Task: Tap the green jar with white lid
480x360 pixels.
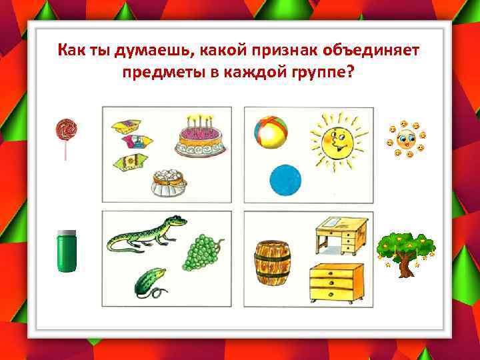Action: point(66,251)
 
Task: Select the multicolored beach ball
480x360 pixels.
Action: point(271,130)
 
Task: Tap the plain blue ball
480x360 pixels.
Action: point(285,181)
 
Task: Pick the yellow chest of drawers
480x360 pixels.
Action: point(337,282)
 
